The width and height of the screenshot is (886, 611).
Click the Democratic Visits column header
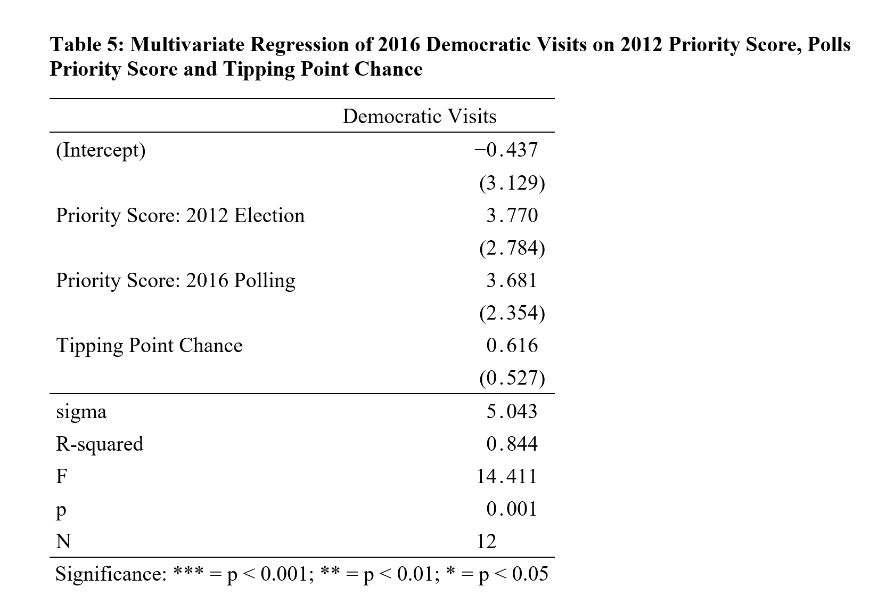419,116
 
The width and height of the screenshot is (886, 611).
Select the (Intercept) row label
101,150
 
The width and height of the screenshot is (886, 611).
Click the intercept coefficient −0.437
506,150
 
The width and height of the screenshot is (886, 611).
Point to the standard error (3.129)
512,183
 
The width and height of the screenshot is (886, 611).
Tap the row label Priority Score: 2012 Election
181,215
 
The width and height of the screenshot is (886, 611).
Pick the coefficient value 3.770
512,215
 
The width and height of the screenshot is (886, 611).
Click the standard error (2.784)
512,248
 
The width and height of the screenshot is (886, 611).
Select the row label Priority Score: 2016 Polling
176,280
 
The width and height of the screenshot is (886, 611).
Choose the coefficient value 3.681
512,280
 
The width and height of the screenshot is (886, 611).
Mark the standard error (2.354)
512,313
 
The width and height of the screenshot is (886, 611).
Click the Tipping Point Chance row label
149,345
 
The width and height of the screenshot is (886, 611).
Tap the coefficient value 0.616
512,345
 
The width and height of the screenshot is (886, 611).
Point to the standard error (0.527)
512,378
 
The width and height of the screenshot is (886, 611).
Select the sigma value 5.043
512,411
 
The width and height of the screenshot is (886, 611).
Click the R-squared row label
100,444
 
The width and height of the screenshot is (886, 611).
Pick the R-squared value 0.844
512,444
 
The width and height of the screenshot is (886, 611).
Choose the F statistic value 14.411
507,476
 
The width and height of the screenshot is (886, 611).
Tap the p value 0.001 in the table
512,509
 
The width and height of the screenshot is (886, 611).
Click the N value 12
486,541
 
